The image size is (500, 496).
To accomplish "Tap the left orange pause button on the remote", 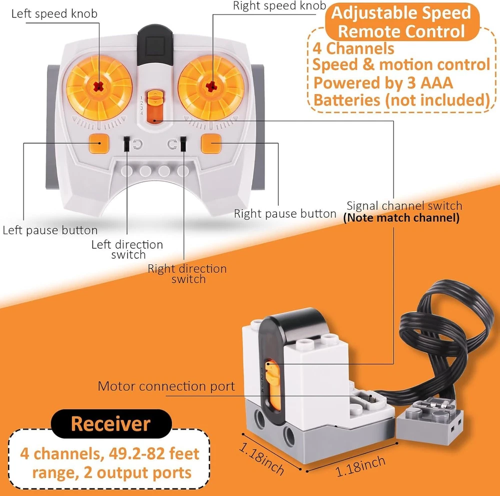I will [99, 144].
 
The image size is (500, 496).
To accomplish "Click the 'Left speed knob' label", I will [54, 14].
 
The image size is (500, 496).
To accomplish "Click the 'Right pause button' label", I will [285, 214].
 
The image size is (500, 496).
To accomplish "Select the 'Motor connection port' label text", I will [166, 386].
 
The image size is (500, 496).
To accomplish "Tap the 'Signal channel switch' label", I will [404, 206].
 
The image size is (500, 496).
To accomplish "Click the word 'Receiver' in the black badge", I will [110, 424].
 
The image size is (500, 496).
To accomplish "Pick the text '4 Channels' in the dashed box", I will [353, 49].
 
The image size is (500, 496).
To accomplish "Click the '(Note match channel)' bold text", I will [401, 218].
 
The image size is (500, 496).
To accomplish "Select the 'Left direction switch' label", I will [127, 249].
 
